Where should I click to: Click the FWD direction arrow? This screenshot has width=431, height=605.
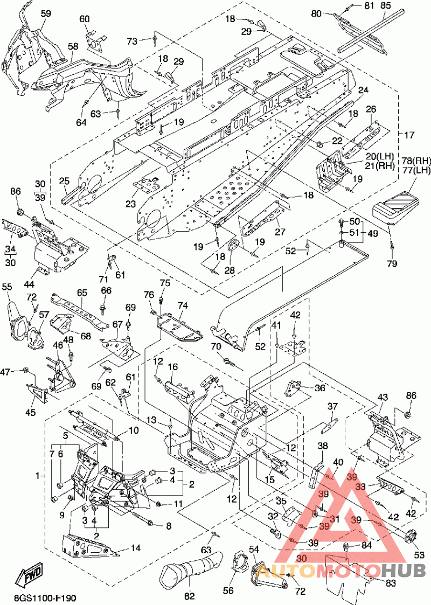pyautogui.click(x=30, y=574)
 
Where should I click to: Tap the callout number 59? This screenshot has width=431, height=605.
pyautogui.click(x=46, y=14)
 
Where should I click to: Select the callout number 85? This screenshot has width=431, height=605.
pyautogui.click(x=385, y=6)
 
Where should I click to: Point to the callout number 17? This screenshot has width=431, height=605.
pyautogui.click(x=409, y=135)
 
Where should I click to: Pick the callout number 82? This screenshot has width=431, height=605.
pyautogui.click(x=190, y=596)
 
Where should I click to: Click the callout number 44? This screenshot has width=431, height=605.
pyautogui.click(x=29, y=284)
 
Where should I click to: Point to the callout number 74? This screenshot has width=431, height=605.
pyautogui.click(x=183, y=305)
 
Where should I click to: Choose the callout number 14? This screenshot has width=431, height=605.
pyautogui.click(x=135, y=548)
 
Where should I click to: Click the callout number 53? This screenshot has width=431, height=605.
pyautogui.click(x=419, y=555)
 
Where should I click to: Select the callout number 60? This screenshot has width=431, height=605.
pyautogui.click(x=85, y=19)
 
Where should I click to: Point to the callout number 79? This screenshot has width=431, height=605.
pyautogui.click(x=392, y=264)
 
